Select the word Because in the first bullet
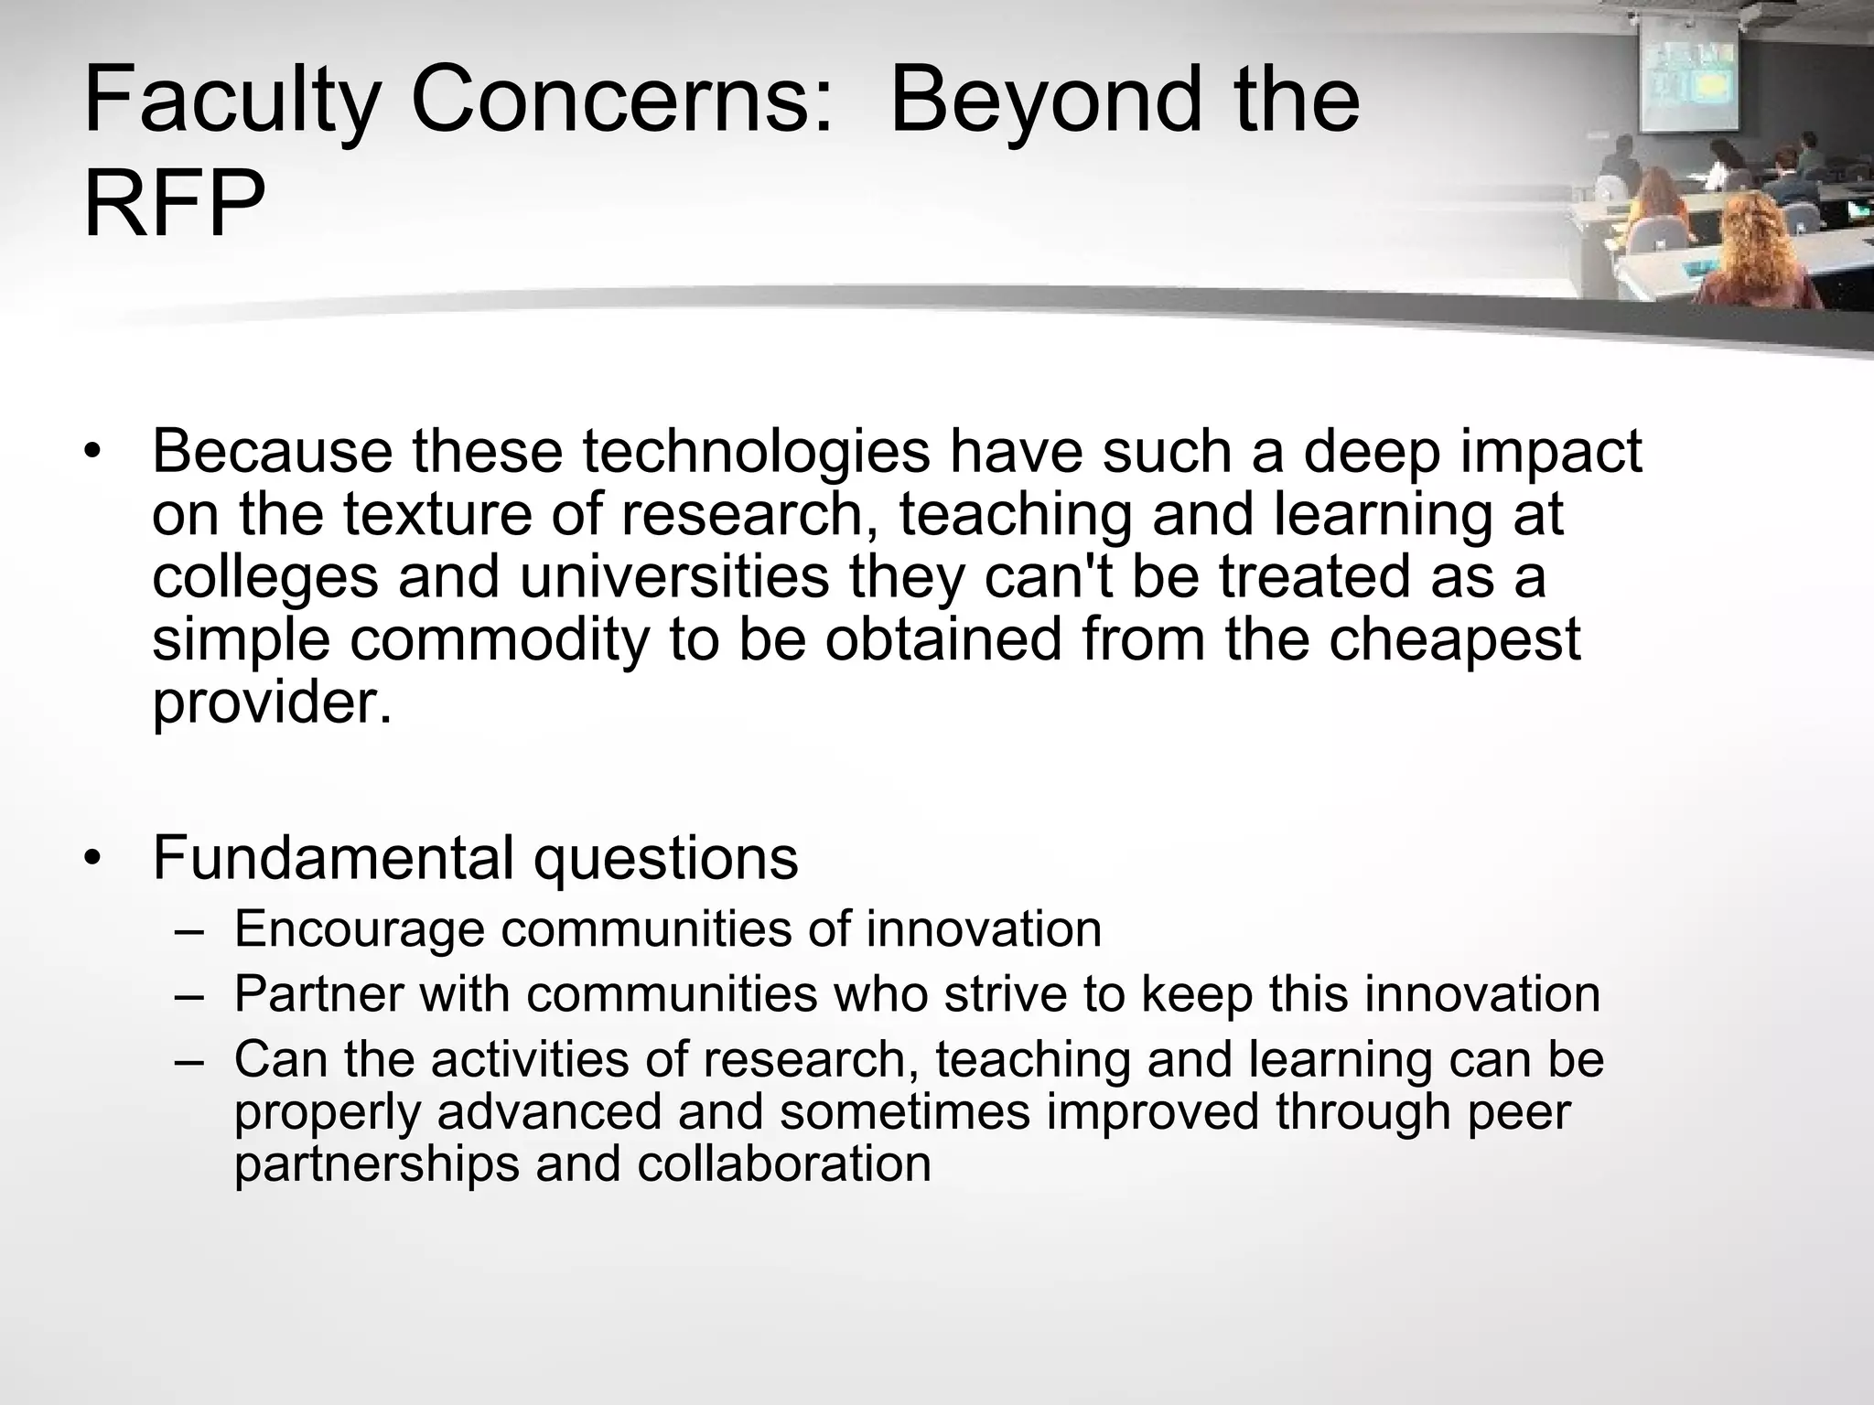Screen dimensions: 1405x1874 [x=272, y=451]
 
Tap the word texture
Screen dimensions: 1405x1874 [x=440, y=514]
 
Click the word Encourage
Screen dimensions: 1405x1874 [x=359, y=930]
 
